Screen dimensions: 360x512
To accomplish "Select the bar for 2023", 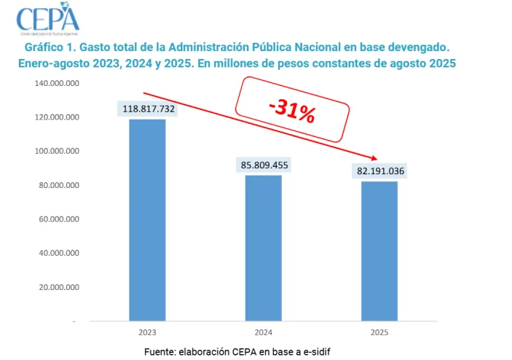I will [147, 219].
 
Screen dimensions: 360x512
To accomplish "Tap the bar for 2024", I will [264, 248].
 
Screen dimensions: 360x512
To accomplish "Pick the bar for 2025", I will [379, 251].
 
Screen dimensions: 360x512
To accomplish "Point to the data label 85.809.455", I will [264, 165].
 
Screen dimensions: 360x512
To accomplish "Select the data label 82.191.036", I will [379, 171].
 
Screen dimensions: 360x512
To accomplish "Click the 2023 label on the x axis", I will [147, 332].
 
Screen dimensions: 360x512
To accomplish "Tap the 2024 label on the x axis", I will [264, 332].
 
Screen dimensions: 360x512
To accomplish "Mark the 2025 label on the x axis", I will [379, 332].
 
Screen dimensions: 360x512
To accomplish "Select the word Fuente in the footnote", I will [160, 351].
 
